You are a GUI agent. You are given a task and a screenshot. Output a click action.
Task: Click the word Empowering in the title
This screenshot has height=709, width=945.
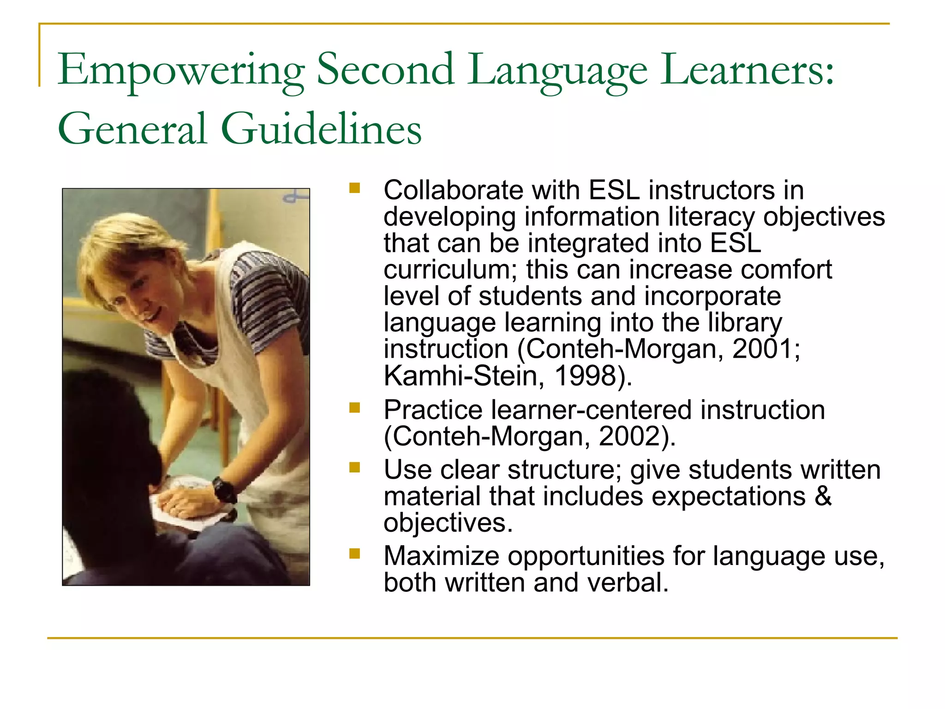181,70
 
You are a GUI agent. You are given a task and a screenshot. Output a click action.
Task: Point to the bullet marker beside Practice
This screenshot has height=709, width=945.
354,408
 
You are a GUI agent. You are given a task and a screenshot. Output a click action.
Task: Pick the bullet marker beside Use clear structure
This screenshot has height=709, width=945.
354,468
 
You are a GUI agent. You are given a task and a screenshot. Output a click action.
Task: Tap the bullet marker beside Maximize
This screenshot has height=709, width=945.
354,553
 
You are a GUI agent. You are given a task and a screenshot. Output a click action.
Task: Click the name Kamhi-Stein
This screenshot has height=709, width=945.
461,375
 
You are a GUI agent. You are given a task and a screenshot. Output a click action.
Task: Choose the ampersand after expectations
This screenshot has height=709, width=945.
823,496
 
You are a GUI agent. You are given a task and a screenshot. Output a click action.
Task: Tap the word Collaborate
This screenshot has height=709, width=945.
453,190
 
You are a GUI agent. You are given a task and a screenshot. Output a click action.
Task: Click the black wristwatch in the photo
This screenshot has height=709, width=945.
225,490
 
